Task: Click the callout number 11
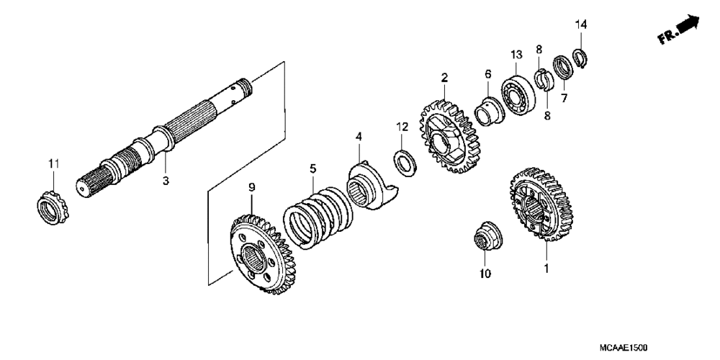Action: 51,165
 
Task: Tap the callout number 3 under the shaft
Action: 165,181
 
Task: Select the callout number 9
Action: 251,188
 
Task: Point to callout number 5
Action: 312,168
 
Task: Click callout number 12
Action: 400,127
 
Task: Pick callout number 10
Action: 484,274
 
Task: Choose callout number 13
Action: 516,55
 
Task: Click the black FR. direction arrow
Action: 688,27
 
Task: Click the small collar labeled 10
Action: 484,238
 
